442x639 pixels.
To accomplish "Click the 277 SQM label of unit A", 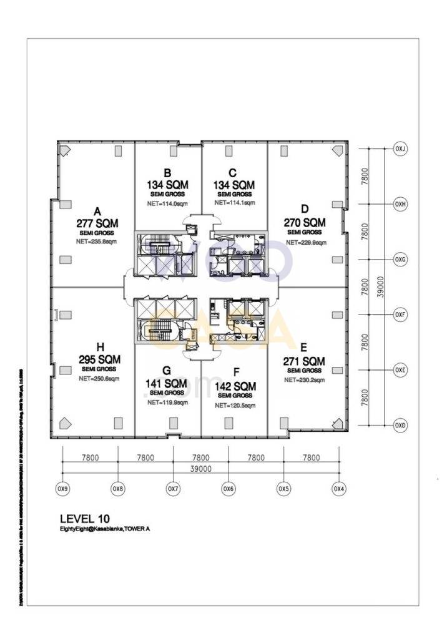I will click(x=97, y=223).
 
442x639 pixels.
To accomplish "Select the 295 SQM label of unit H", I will click(x=99, y=359).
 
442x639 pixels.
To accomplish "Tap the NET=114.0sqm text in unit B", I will click(x=167, y=203).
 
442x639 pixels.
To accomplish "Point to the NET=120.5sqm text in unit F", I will click(x=235, y=405).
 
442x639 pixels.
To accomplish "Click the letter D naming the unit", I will click(x=305, y=208).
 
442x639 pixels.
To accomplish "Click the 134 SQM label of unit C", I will click(x=235, y=185).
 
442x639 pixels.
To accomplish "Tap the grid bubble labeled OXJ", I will click(x=400, y=149).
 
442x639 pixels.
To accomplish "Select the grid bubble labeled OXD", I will click(x=400, y=426).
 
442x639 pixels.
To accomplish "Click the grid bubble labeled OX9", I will click(x=62, y=489).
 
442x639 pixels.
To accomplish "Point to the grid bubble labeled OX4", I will click(x=338, y=489).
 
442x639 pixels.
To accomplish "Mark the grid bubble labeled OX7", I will click(x=173, y=489).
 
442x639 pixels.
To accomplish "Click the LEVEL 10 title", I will click(x=85, y=518).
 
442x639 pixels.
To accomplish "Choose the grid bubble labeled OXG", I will click(x=400, y=260).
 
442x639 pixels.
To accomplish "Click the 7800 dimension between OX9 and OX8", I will click(x=90, y=457).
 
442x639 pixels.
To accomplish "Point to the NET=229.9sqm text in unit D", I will click(x=305, y=241).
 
